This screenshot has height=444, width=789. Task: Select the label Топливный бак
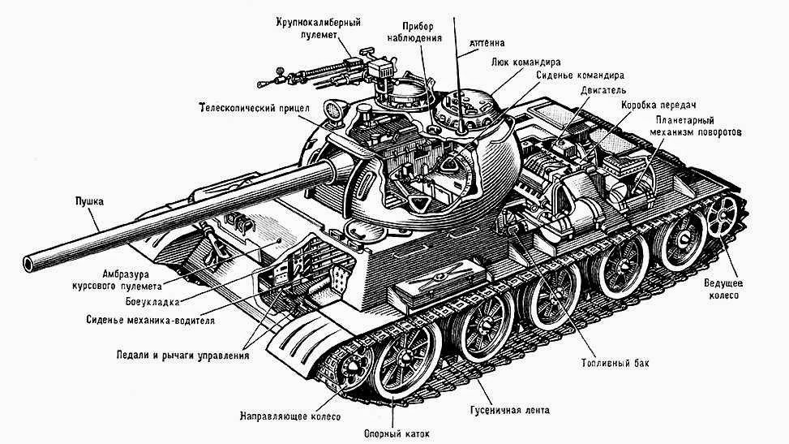point(615,363)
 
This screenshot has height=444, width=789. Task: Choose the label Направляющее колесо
point(289,416)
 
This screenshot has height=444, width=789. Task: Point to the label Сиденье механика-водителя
point(150,319)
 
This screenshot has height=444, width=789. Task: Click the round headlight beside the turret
point(333,108)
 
